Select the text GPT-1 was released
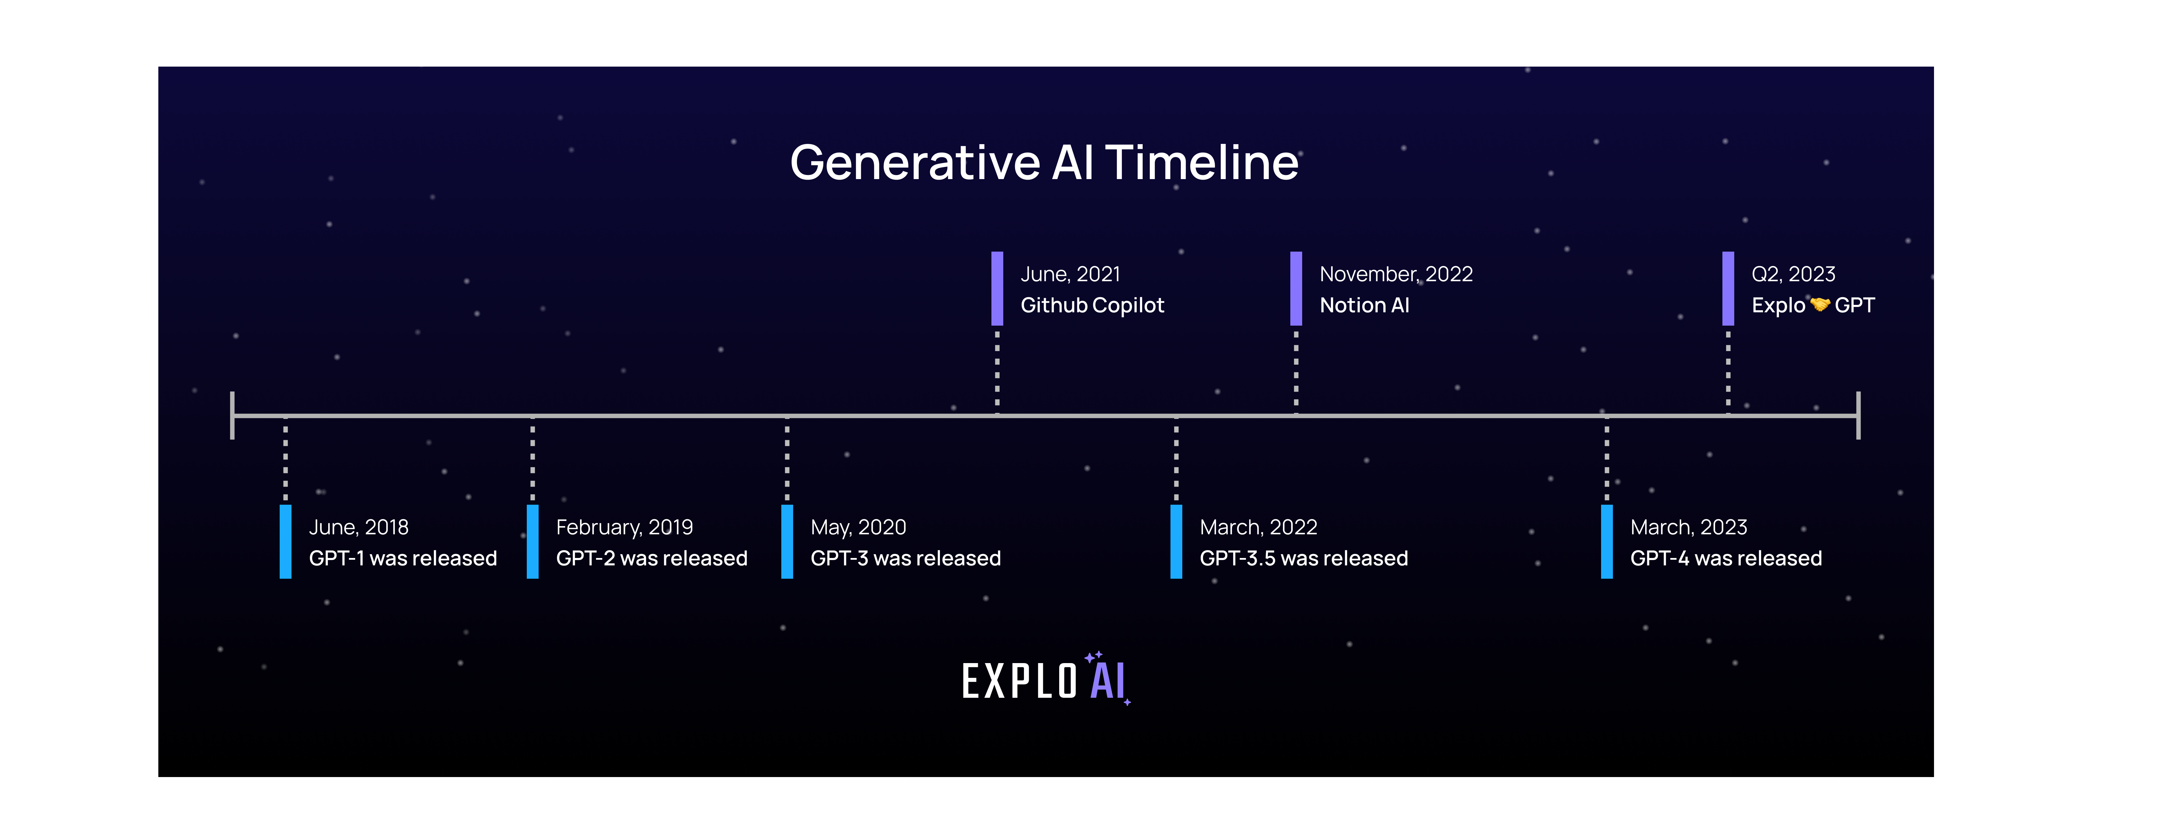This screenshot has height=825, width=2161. pos(403,558)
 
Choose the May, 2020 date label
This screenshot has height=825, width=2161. pos(858,527)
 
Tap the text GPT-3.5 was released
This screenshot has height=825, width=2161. pos(1304,558)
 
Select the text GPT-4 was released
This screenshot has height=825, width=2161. pos(1726,558)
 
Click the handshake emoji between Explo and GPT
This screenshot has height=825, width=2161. pos(1819,305)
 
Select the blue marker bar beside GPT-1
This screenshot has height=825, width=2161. pos(285,541)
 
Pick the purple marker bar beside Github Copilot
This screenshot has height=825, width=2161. pos(997,288)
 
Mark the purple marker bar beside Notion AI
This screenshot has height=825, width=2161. pos(1296,288)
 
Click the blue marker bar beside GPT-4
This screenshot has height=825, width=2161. pos(1606,541)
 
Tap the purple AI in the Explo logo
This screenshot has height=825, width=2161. pos(1107,681)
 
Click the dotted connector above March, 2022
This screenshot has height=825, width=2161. pos(1176,460)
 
